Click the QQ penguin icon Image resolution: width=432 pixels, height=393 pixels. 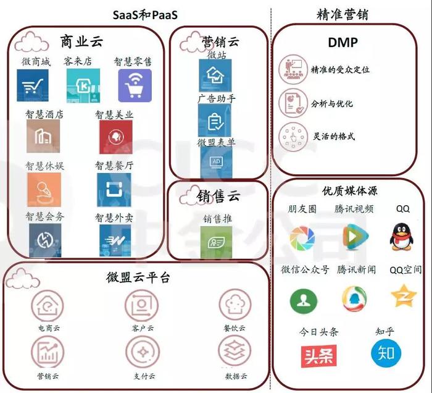401,237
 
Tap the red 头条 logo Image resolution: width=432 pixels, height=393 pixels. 319,356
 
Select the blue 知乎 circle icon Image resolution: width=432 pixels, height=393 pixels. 386,353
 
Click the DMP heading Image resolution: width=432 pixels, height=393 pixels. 343,43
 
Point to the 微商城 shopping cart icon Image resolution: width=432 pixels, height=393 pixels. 33,85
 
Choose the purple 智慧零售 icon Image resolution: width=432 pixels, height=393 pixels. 135,85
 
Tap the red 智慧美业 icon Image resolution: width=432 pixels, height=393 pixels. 116,137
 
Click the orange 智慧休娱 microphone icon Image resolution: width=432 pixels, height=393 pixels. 44,190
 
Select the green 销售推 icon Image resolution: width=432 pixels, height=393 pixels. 216,242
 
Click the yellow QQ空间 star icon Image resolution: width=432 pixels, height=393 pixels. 404,296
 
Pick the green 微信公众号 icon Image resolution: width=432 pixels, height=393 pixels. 304,301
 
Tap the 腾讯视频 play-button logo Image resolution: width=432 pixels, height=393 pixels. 355,236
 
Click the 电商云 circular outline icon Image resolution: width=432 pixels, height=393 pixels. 48,306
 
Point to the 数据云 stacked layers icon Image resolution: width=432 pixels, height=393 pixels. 235,351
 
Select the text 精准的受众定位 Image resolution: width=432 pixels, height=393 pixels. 340,69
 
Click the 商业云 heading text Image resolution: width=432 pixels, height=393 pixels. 81,41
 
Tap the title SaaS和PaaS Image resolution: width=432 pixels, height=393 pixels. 145,15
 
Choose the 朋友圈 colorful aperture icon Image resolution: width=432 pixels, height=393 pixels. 302,239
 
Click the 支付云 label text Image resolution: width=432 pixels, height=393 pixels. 144,376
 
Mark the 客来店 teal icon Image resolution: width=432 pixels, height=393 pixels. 83,85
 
